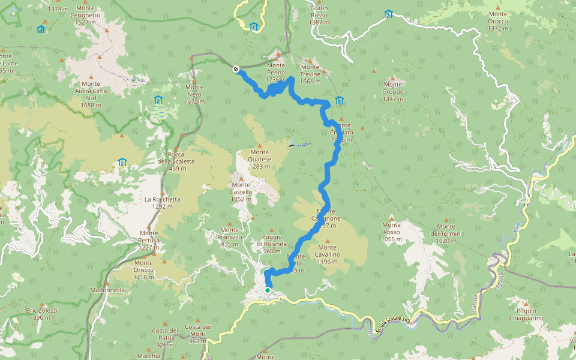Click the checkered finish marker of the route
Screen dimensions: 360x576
point(236,69)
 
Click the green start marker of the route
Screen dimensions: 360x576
point(268,290)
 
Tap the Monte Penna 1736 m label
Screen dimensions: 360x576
point(276,73)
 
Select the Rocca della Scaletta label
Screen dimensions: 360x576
point(175,161)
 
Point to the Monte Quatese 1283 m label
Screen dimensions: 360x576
point(260,163)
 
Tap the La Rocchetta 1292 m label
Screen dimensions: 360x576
point(162,203)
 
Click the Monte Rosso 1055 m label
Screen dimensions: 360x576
point(391,232)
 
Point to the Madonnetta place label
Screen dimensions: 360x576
point(107,290)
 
